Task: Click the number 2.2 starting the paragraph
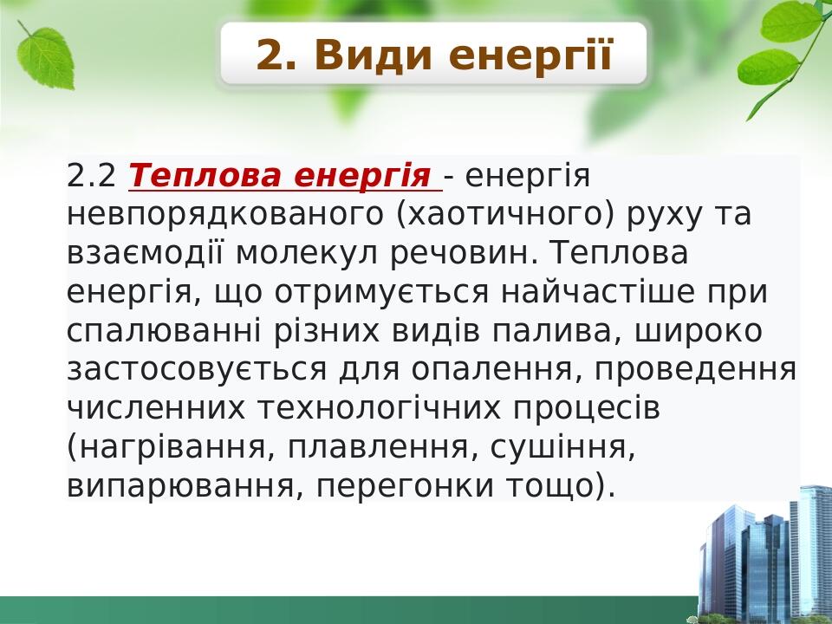pos(91,177)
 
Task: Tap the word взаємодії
pos(146,254)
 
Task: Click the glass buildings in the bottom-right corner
pos(763,555)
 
